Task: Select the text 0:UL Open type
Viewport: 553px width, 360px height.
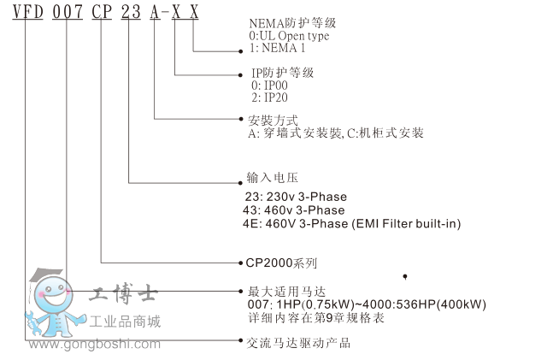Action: point(289,36)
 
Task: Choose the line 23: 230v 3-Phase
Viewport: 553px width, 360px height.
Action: point(295,197)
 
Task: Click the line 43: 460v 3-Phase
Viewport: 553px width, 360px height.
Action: point(295,210)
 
